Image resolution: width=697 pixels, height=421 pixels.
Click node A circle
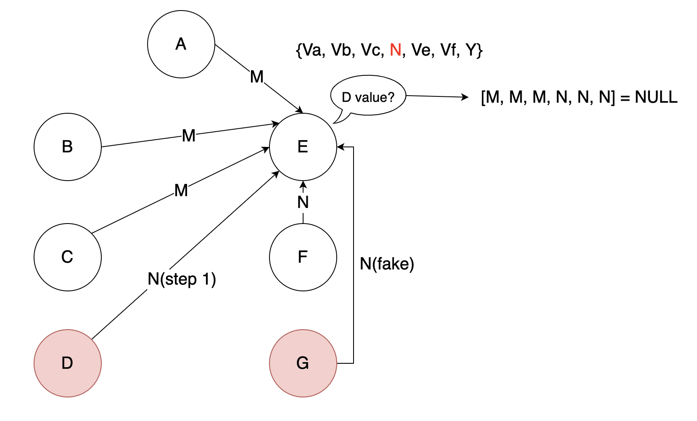(x=181, y=44)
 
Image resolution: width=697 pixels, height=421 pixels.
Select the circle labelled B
(x=68, y=147)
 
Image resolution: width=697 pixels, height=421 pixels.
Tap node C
(x=68, y=257)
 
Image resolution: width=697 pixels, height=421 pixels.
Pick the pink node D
(x=68, y=363)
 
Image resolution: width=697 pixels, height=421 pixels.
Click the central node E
(x=303, y=147)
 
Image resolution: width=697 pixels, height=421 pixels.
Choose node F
(x=303, y=257)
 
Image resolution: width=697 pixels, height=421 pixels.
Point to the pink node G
(x=303, y=363)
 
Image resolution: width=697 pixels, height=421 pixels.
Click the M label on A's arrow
(x=257, y=77)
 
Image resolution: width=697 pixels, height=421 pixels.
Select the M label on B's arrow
(x=189, y=136)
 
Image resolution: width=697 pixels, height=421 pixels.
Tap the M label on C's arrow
(x=181, y=191)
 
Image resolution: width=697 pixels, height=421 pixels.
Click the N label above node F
(x=303, y=203)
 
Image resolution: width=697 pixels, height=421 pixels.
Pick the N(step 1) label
(x=182, y=279)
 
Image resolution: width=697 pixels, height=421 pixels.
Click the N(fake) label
(x=387, y=264)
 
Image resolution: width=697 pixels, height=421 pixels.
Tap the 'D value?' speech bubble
(x=368, y=97)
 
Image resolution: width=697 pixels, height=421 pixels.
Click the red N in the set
(x=395, y=50)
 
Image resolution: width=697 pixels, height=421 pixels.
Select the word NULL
(x=656, y=97)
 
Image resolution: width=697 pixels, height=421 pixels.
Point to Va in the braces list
(x=312, y=50)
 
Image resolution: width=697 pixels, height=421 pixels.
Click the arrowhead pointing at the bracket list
(x=465, y=97)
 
